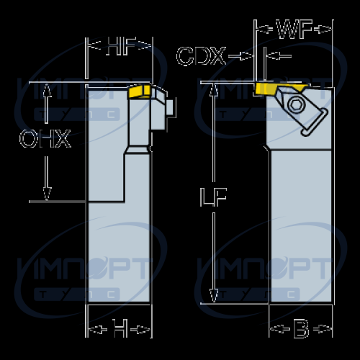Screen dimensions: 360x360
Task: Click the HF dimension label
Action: [x=121, y=46]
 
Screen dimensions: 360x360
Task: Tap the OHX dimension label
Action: [x=45, y=138]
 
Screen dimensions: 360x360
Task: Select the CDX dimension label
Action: [x=202, y=56]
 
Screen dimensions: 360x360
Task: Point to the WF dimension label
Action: [x=294, y=29]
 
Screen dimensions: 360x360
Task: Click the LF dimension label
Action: [x=213, y=197]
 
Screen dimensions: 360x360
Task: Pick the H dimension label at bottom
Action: [x=120, y=328]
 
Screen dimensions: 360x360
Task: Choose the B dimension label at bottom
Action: [x=301, y=328]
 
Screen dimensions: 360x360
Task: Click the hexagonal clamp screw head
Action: [x=296, y=104]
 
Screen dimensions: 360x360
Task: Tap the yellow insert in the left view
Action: [x=140, y=91]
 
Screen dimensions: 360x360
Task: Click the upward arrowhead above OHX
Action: [x=47, y=90]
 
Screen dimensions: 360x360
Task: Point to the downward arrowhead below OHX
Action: [x=47, y=194]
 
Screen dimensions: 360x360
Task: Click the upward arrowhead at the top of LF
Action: [x=214, y=90]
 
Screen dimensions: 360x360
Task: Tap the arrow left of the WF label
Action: [x=264, y=30]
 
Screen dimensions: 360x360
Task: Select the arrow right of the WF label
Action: [x=323, y=30]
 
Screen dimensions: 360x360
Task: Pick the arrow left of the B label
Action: [x=280, y=329]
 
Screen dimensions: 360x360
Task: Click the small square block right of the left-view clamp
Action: [x=170, y=107]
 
